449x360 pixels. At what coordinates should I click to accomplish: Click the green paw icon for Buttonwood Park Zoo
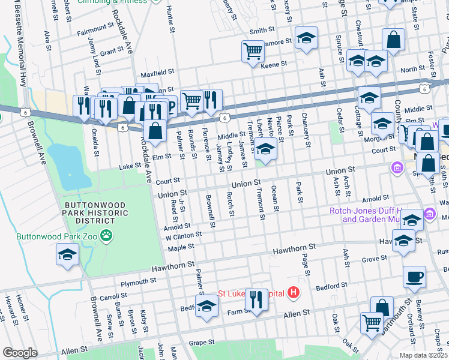(107, 236)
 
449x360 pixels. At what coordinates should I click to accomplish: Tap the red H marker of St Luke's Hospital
(294, 293)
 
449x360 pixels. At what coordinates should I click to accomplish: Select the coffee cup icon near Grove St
(414, 277)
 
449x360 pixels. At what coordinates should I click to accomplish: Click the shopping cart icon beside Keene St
(253, 50)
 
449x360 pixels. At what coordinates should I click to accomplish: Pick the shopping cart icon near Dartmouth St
(372, 322)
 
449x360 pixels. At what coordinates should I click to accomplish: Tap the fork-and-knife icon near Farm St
(256, 299)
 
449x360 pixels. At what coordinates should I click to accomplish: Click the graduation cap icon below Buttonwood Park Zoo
(67, 256)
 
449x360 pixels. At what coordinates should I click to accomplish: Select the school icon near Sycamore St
(306, 40)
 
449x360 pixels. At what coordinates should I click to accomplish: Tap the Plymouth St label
(138, 282)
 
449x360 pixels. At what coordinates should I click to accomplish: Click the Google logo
(20, 353)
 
